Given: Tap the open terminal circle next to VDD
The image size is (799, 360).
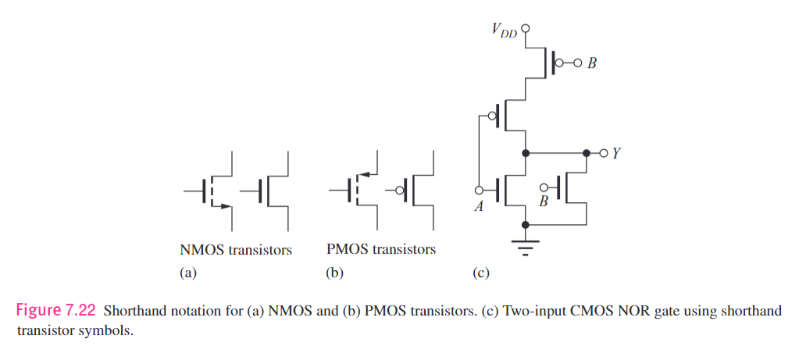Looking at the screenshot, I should pos(525,28).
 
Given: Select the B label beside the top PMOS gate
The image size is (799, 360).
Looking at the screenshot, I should pos(591,63).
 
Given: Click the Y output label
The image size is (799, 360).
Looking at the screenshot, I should pos(616,153).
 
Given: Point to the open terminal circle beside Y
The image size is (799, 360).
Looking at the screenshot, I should pos(602,152).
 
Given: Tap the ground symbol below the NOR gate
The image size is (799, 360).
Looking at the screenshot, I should pos(525,248).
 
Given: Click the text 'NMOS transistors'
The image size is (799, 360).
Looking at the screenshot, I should pos(236,251).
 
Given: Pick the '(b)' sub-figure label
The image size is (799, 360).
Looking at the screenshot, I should pos(334,273).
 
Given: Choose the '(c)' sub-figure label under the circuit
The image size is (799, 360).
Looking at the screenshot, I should pos(481,273).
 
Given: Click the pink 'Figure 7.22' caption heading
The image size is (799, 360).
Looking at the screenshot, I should pos(56,311).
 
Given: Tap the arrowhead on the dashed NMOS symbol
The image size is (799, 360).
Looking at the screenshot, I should pos(225,206).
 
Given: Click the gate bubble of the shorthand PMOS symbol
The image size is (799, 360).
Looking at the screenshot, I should pos(400,190).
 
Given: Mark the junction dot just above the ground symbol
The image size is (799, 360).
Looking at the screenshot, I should pos(525,224).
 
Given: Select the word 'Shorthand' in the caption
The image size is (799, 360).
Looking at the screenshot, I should pos(133,311).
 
